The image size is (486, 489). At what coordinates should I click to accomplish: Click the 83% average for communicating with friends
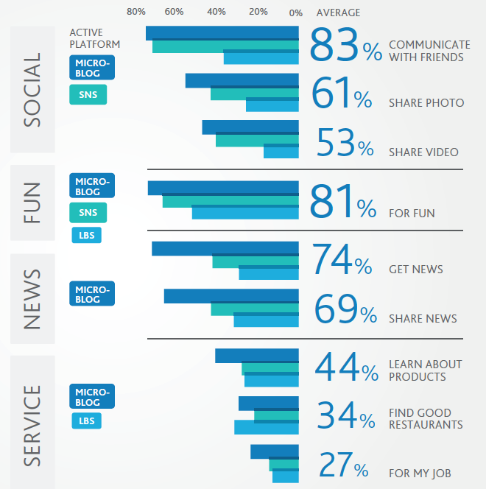[345, 46]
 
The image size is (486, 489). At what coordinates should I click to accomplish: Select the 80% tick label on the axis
[136, 13]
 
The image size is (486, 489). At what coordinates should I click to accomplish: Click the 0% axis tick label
[296, 13]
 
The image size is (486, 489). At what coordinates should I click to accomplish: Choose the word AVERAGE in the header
[338, 13]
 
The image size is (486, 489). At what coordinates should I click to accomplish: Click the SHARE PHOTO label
[426, 103]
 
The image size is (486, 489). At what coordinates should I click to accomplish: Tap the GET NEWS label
[416, 269]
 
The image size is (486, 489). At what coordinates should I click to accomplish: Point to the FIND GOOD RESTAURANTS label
[426, 418]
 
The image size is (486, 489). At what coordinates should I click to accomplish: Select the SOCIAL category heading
[32, 90]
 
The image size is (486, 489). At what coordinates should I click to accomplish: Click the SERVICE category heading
[32, 425]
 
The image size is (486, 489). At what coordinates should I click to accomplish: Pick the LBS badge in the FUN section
[85, 236]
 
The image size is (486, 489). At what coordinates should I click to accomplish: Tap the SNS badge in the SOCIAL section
[88, 95]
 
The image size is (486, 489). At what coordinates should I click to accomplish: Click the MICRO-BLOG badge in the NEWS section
[92, 295]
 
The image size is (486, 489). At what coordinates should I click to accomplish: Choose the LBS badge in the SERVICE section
[86, 421]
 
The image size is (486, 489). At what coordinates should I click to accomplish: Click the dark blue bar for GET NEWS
[225, 248]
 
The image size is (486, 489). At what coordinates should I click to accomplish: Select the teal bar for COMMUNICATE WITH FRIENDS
[225, 46]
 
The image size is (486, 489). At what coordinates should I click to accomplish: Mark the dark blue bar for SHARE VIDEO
[250, 127]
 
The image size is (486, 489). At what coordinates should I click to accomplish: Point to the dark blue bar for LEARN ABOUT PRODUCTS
[256, 356]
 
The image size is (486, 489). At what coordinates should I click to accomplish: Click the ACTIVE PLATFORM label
[94, 38]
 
